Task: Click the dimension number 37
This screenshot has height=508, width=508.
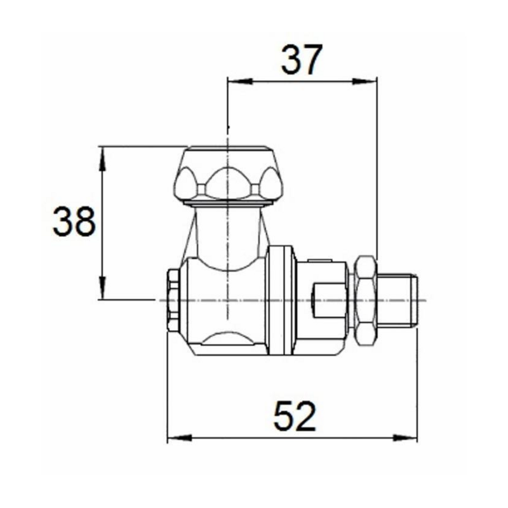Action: click(x=302, y=60)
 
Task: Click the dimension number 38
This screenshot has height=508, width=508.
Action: click(x=74, y=222)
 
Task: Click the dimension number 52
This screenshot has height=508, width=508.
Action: click(x=295, y=417)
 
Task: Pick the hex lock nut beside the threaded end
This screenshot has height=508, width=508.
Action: click(x=364, y=300)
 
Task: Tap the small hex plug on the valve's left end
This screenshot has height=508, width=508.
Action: click(x=173, y=300)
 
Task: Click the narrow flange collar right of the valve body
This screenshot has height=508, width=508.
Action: click(x=281, y=300)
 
